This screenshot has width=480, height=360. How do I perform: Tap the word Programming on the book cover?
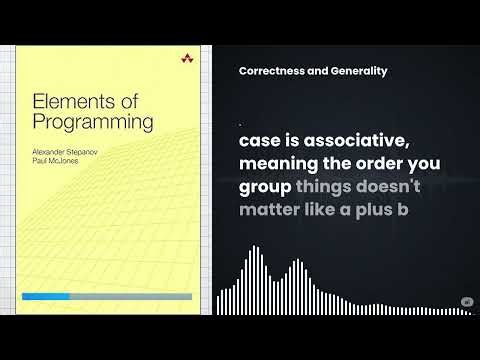(92, 122)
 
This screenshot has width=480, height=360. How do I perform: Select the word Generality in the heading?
(357, 71)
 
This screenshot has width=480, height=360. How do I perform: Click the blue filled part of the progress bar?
(46, 297)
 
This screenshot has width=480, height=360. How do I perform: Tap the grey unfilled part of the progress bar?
(130, 297)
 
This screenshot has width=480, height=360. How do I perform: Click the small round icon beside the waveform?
(466, 302)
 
